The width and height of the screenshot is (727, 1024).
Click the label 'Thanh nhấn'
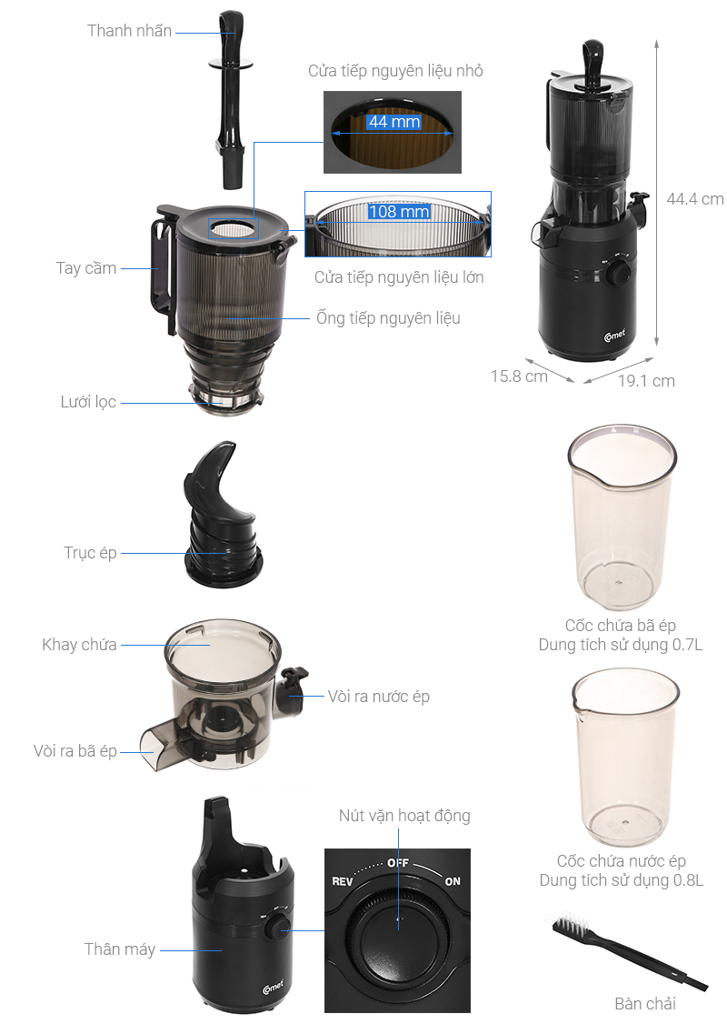129,31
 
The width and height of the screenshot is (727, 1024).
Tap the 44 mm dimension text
393,121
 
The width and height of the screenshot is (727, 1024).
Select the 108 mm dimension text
398,212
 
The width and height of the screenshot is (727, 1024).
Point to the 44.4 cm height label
694,199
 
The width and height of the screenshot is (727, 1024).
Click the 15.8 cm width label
519,376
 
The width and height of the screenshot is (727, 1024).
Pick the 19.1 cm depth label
646,381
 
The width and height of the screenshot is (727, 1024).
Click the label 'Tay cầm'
86,268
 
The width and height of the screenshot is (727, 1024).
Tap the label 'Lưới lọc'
88,402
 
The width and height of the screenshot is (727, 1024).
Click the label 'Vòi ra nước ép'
378,697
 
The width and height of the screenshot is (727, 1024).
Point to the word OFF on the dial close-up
398,861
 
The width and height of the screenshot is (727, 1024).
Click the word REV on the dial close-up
342,881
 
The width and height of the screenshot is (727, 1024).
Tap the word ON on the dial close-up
452,881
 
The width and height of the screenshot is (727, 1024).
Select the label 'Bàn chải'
645,1004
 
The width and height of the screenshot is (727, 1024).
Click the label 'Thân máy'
120,949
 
